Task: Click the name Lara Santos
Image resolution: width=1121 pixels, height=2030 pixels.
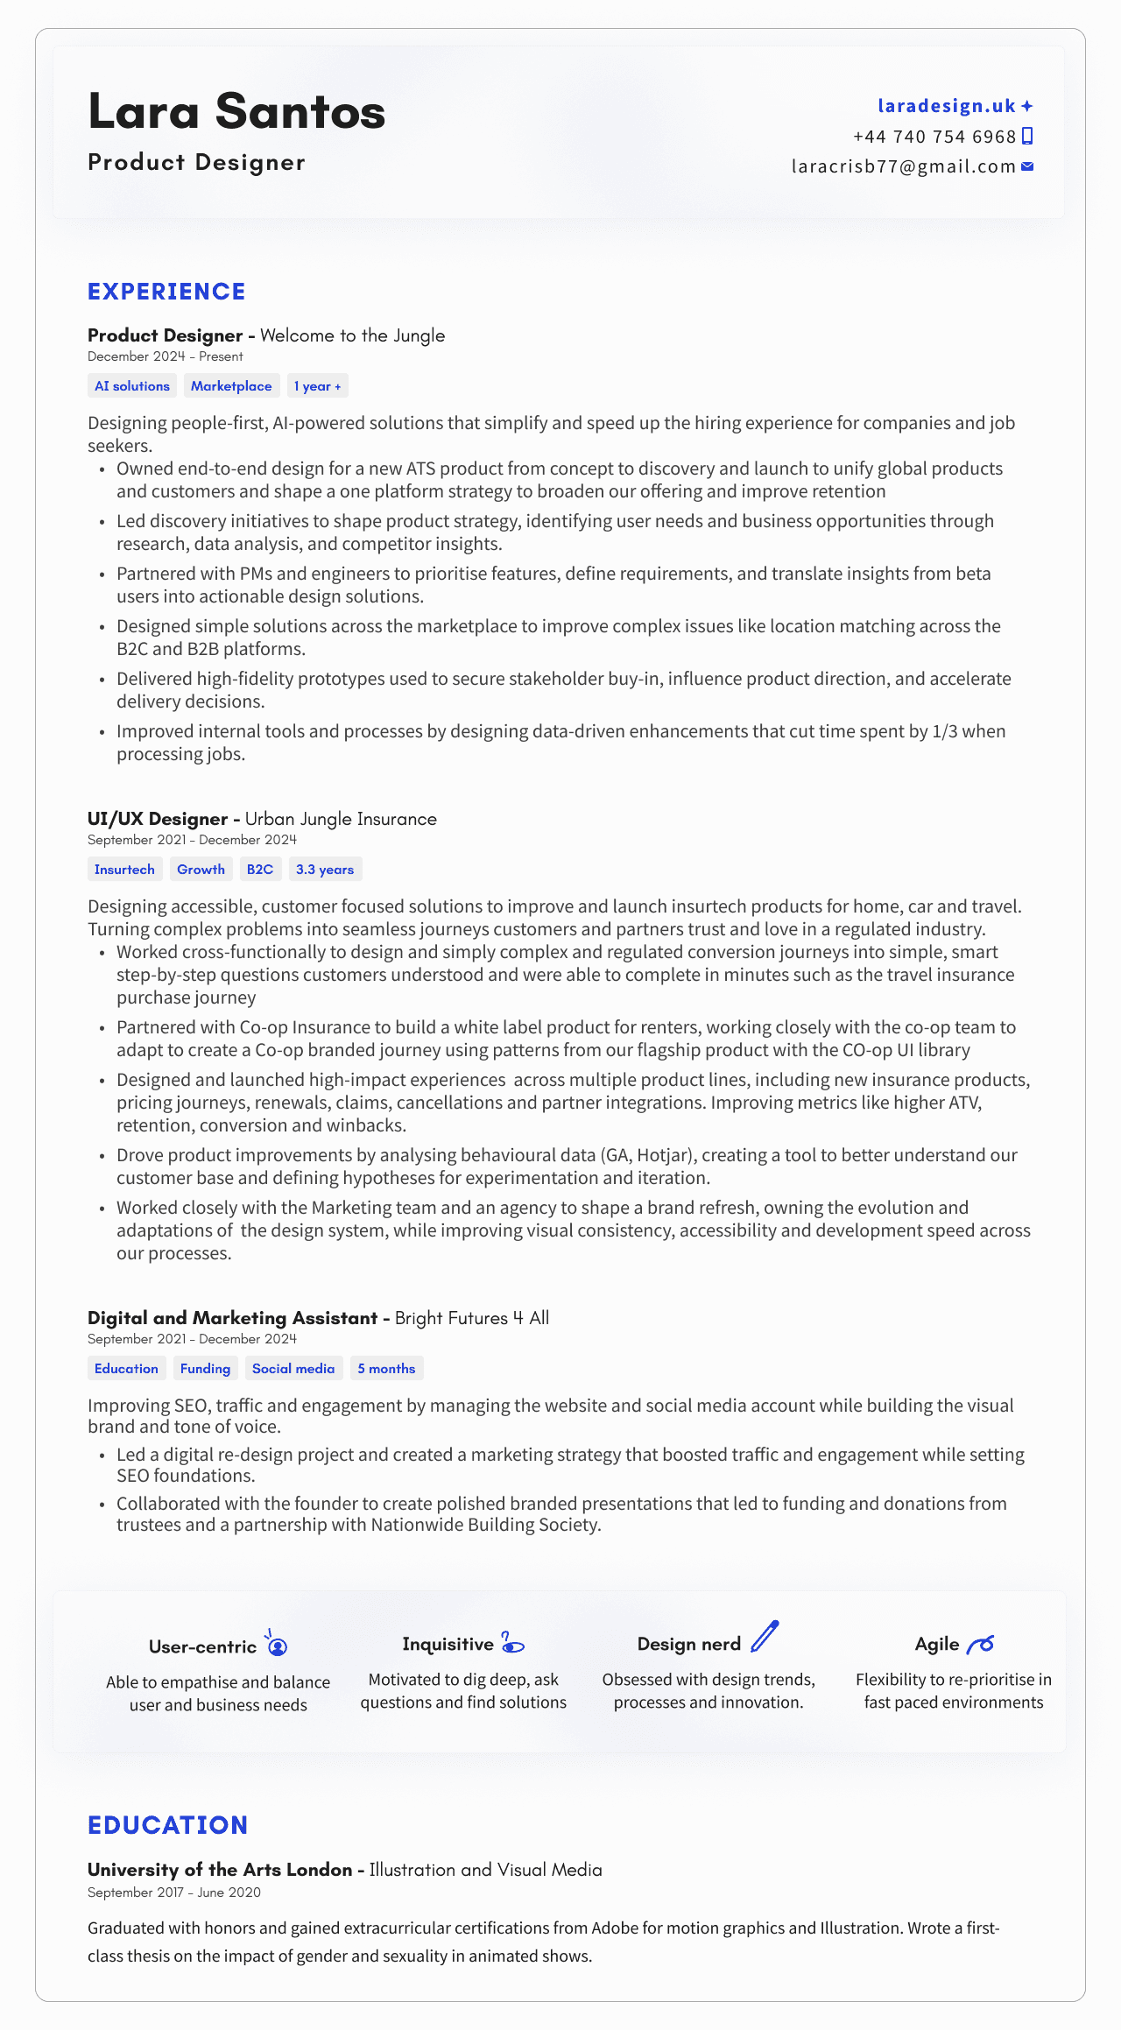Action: click(236, 112)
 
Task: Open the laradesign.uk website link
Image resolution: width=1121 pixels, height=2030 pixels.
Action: click(946, 106)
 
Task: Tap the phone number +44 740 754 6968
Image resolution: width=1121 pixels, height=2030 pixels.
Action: click(934, 137)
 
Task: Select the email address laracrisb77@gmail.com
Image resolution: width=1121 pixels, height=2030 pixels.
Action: click(904, 166)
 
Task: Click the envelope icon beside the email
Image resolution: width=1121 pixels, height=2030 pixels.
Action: click(1028, 166)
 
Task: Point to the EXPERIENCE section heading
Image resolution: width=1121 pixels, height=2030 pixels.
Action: click(166, 292)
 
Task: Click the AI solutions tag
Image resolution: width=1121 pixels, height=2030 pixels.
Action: click(132, 386)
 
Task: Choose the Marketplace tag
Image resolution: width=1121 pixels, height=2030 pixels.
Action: click(231, 386)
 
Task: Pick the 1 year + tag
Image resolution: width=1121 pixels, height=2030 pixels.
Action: click(317, 386)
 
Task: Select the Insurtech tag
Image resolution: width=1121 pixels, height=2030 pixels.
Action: click(124, 870)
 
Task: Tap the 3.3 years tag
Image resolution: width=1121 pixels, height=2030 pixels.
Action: click(325, 870)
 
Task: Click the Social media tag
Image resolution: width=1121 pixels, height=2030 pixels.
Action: click(293, 1369)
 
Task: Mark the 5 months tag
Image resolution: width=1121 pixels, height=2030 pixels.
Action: click(386, 1369)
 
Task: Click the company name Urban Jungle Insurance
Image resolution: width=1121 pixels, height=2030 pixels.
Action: click(341, 819)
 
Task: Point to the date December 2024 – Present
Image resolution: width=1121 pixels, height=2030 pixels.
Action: click(165, 356)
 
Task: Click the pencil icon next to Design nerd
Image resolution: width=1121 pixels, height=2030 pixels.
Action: click(765, 1637)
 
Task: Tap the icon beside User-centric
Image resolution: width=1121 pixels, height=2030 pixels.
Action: click(277, 1644)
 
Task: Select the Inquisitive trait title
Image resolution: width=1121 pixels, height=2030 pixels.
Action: click(448, 1645)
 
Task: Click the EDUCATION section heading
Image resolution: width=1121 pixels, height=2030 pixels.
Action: click(168, 1825)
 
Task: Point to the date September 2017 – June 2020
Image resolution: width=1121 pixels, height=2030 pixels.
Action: click(173, 1893)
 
